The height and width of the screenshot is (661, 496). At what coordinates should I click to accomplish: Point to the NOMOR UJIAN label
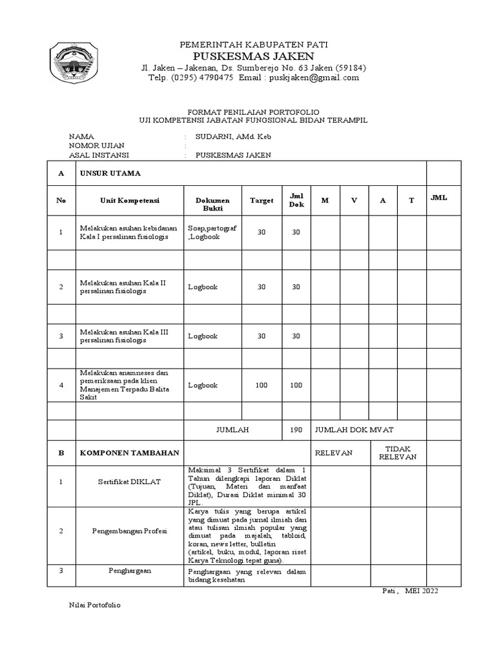(x=97, y=146)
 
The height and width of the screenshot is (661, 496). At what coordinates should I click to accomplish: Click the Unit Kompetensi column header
(x=130, y=201)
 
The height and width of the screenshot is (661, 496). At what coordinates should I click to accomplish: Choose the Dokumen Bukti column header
(x=212, y=205)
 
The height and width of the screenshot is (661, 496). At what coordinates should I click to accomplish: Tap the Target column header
(x=262, y=201)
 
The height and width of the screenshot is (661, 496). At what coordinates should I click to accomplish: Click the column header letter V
(x=354, y=201)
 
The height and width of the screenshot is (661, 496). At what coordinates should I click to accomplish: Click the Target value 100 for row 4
(x=262, y=385)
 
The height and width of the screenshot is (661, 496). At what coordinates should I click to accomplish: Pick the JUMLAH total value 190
(x=296, y=429)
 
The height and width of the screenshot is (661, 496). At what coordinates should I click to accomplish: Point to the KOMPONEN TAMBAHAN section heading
(x=129, y=453)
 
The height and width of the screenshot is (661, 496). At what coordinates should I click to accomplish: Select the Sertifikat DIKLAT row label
(x=130, y=482)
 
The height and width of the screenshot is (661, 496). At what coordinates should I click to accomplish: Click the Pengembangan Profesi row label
(x=130, y=531)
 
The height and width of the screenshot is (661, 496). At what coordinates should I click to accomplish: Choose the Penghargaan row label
(x=130, y=571)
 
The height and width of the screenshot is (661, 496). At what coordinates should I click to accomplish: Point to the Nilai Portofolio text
(x=94, y=605)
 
